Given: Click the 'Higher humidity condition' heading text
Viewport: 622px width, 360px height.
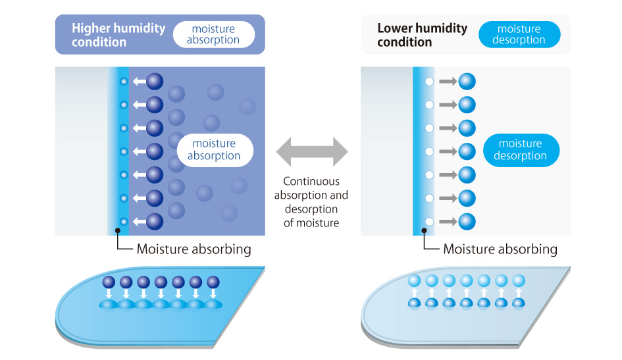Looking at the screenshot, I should pyautogui.click(x=118, y=35).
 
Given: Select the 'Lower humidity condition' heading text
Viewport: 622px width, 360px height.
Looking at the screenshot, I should pyautogui.click(x=422, y=35).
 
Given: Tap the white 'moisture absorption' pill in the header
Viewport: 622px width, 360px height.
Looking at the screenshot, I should pyautogui.click(x=213, y=34).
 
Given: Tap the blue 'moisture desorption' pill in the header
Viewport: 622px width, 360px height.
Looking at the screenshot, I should pyautogui.click(x=519, y=34).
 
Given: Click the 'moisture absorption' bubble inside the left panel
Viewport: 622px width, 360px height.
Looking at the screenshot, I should pyautogui.click(x=214, y=149).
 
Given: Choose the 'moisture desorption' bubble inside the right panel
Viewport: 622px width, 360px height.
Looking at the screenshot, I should pyautogui.click(x=521, y=149).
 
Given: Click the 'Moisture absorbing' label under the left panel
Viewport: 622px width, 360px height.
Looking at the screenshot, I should pyautogui.click(x=194, y=249).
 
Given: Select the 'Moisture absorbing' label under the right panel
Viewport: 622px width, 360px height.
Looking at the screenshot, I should pyautogui.click(x=500, y=249).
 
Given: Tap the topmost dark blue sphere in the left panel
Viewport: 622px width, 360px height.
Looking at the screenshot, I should pyautogui.click(x=154, y=82).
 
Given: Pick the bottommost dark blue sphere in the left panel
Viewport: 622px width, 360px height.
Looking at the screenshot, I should pyautogui.click(x=154, y=221).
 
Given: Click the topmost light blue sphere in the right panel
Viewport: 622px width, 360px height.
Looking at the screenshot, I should pyautogui.click(x=467, y=82).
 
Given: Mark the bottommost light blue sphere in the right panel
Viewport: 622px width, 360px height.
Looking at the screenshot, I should pyautogui.click(x=467, y=221).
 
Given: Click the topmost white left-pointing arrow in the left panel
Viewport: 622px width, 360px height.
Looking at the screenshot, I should pyautogui.click(x=138, y=82).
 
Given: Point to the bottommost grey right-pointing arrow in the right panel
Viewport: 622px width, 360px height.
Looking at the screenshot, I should pyautogui.click(x=448, y=221).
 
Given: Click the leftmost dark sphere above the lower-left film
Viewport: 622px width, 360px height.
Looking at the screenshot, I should pyautogui.click(x=109, y=282).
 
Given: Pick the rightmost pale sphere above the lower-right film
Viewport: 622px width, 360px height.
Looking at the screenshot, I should pyautogui.click(x=519, y=280).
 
